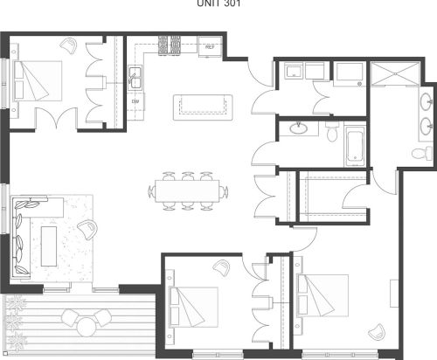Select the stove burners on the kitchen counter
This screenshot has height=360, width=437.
tap(170, 44)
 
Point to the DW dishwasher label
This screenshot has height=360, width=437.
tap(135, 100)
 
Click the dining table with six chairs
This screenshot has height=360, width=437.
tap(188, 190)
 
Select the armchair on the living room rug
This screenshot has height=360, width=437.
tap(87, 229)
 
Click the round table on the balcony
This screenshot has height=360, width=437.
tap(87, 325)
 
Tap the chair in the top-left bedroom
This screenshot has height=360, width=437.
tap(68, 43)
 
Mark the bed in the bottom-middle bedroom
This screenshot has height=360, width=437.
tap(197, 301)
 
